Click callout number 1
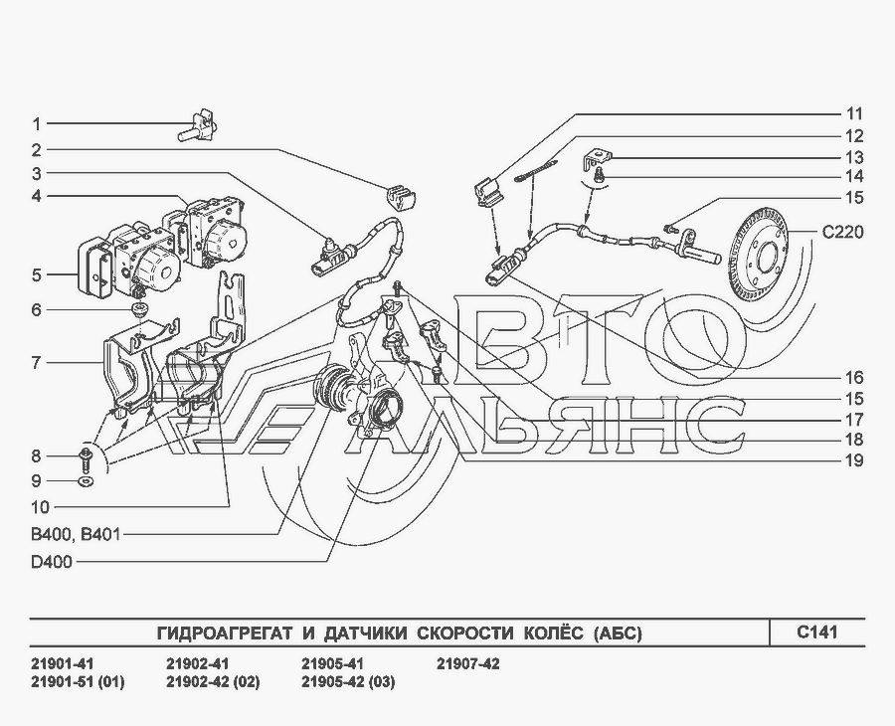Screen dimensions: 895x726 (36, 124)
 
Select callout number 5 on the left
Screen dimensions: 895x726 (37, 275)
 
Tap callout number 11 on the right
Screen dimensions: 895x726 (854, 114)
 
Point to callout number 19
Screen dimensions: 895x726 (854, 460)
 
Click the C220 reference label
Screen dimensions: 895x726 (842, 233)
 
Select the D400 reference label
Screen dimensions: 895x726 (52, 562)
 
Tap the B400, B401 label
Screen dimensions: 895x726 (76, 535)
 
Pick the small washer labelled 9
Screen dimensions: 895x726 (87, 481)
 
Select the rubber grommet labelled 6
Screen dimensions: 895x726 (138, 310)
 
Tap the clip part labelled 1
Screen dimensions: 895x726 (198, 126)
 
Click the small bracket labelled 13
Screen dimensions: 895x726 (597, 158)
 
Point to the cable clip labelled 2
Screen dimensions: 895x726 (400, 197)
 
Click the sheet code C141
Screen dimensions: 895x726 (816, 633)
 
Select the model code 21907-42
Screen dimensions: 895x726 (468, 664)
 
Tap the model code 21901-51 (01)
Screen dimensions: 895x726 (77, 682)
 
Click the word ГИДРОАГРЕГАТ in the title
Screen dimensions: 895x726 (225, 634)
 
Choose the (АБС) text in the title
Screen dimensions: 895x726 (618, 634)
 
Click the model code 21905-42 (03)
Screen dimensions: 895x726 (348, 682)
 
